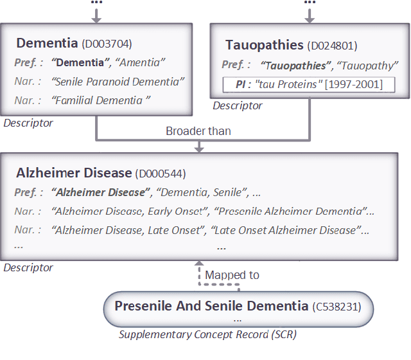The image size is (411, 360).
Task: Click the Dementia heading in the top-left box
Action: (x=48, y=43)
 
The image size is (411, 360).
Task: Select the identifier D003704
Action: (x=107, y=44)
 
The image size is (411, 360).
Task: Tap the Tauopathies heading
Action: (x=264, y=45)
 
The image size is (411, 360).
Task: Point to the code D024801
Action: (x=333, y=46)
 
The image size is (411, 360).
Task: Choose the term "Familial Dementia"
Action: (x=102, y=100)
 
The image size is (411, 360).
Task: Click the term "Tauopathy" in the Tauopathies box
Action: (x=368, y=65)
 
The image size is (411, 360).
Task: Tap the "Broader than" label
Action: (x=198, y=131)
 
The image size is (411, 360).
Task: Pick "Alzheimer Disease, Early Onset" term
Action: (x=130, y=212)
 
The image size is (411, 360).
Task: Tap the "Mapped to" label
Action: (x=232, y=274)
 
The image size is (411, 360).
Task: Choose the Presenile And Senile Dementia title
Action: (x=211, y=306)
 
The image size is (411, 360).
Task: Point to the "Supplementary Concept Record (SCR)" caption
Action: (x=207, y=335)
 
